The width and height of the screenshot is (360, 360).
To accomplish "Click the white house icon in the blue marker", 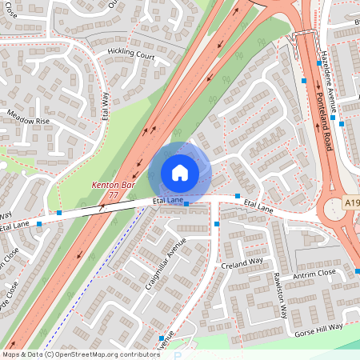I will [x=180, y=172].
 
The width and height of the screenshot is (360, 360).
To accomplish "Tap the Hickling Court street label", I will [x=131, y=55].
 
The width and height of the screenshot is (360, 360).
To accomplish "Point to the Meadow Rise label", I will [x=28, y=121].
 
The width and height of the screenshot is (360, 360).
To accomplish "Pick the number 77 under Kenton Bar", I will [x=113, y=195].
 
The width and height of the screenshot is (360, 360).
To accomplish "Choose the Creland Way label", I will [x=243, y=262].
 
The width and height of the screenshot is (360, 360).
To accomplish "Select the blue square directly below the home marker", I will [x=186, y=204].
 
